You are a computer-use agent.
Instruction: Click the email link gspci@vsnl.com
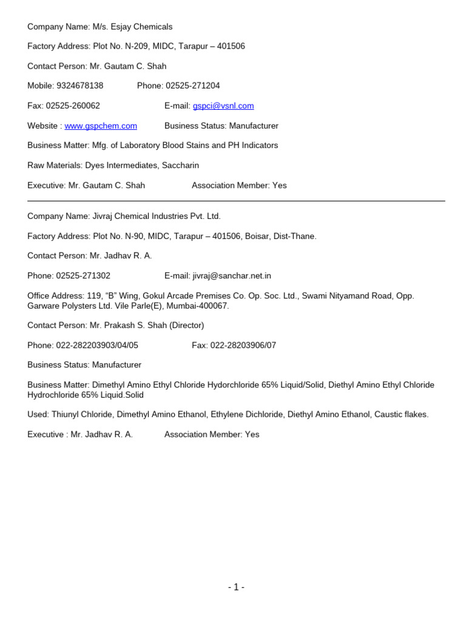pyautogui.click(x=223, y=106)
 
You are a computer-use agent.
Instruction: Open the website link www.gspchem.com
pyautogui.click(x=101, y=126)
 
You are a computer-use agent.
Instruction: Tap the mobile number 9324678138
pyautogui.click(x=79, y=86)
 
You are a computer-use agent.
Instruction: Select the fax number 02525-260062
pyautogui.click(x=73, y=106)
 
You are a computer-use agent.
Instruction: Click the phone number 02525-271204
pyautogui.click(x=192, y=86)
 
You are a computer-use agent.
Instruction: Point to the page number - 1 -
pyautogui.click(x=236, y=587)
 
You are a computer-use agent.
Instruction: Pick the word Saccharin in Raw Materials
pyautogui.click(x=180, y=166)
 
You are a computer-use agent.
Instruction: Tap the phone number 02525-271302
pyautogui.click(x=83, y=276)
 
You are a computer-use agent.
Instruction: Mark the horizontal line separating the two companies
pyautogui.click(x=236, y=201)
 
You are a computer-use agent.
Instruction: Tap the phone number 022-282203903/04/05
pyautogui.click(x=97, y=346)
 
